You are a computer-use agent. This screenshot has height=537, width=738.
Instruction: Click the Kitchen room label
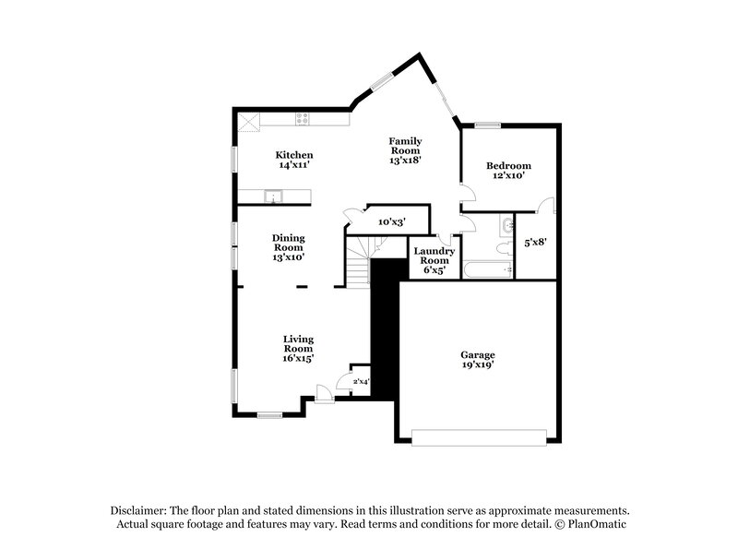pos(294,160)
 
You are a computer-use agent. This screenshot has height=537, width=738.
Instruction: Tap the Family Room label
pos(405,149)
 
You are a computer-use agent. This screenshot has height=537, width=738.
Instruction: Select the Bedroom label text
pos(508,171)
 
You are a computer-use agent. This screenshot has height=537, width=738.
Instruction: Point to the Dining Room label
pos(288,247)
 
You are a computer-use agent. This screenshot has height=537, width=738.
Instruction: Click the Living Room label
pos(298,348)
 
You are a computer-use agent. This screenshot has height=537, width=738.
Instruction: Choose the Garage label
pos(478,360)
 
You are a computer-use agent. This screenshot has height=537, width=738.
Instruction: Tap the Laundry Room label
pos(434,260)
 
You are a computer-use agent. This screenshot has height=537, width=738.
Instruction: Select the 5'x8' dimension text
pos(536,244)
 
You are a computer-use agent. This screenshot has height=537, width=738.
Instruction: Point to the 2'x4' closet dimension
pos(361,380)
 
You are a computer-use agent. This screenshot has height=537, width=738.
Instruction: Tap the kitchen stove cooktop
pos(303,118)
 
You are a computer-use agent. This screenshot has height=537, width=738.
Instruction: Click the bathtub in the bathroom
pos(488,269)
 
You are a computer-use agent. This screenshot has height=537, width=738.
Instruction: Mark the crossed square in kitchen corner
pos(246,120)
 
